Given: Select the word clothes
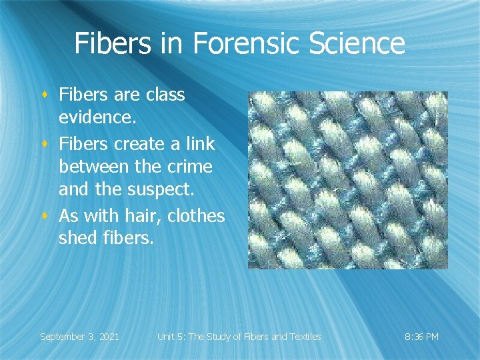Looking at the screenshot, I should tap(196, 215).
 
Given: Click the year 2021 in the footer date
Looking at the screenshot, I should tap(108, 337).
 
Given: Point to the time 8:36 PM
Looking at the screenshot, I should tap(422, 337).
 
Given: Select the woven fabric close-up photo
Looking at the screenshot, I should tap(347, 180).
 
